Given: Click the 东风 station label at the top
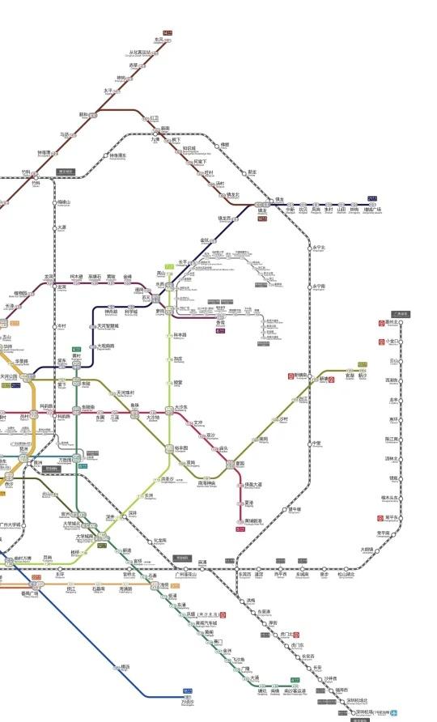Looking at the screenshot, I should (x=159, y=39).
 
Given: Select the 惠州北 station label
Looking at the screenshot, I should (x=393, y=322).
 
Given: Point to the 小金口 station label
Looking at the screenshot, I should (x=393, y=342).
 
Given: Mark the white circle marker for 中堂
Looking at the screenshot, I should (x=310, y=444).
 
